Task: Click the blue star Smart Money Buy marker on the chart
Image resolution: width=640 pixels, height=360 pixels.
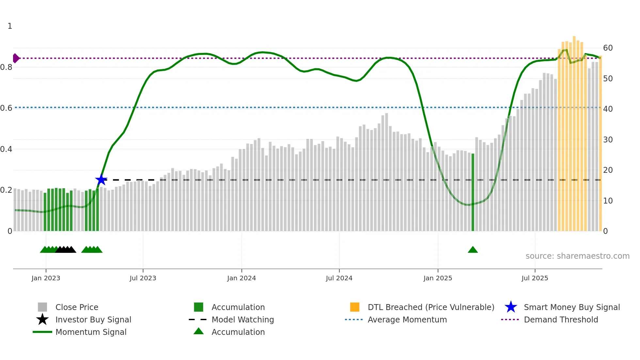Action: (x=101, y=180)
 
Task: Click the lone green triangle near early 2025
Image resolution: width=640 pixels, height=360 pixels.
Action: (x=472, y=250)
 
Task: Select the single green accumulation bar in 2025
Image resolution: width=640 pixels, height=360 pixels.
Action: (x=472, y=193)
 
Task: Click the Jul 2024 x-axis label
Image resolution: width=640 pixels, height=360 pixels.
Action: (x=339, y=278)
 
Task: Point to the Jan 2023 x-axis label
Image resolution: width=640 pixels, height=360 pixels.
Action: (x=46, y=278)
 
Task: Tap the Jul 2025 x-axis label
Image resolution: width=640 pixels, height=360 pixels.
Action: (x=535, y=278)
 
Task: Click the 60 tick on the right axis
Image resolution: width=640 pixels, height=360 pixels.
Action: (x=608, y=48)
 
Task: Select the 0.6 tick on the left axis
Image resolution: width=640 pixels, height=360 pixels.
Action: (x=7, y=108)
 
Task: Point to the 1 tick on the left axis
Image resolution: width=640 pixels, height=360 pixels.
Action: (x=10, y=26)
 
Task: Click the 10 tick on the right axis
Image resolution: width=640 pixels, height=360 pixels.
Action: (x=608, y=201)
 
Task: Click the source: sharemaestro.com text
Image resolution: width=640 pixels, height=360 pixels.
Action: (x=577, y=256)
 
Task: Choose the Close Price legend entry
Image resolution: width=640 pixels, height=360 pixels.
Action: (x=77, y=307)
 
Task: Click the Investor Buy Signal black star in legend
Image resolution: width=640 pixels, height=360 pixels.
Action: (x=42, y=319)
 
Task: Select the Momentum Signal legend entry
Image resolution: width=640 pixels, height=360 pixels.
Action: (x=91, y=332)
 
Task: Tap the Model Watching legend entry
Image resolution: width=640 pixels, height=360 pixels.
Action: (x=243, y=319)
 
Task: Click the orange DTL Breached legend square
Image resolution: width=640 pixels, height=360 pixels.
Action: (x=355, y=307)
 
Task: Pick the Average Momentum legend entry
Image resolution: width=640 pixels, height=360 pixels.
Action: (x=407, y=319)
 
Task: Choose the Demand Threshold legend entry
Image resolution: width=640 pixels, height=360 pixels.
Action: (x=561, y=319)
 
